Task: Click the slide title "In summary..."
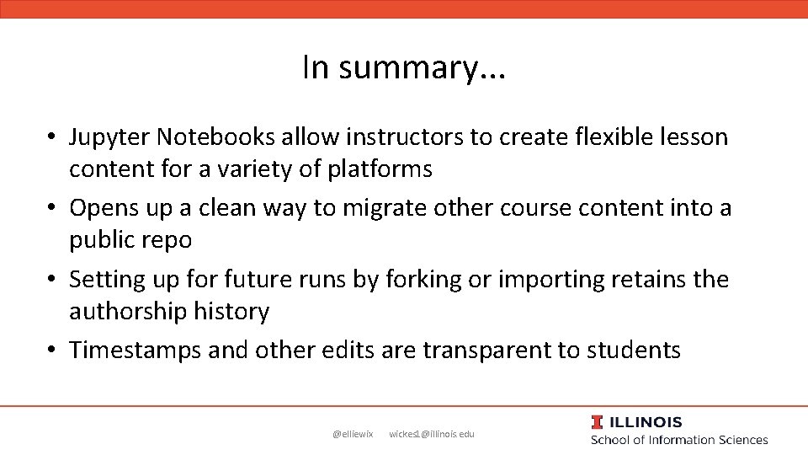click(x=404, y=67)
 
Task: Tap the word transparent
click(x=487, y=350)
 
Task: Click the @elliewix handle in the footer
click(x=353, y=434)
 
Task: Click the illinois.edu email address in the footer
click(x=432, y=434)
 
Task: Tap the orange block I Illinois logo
click(x=597, y=422)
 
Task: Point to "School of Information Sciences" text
click(x=679, y=440)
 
